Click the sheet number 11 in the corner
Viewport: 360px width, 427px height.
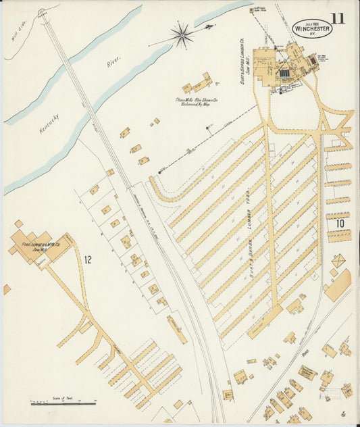click(x=337, y=18)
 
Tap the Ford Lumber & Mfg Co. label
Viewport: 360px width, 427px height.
click(x=43, y=245)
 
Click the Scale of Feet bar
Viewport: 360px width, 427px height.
click(x=63, y=403)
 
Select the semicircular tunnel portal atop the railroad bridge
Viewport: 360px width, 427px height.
click(x=42, y=13)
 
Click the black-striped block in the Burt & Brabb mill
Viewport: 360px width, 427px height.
click(x=284, y=73)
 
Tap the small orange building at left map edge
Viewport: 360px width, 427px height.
click(x=7, y=289)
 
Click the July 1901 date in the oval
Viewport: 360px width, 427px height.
click(x=311, y=22)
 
